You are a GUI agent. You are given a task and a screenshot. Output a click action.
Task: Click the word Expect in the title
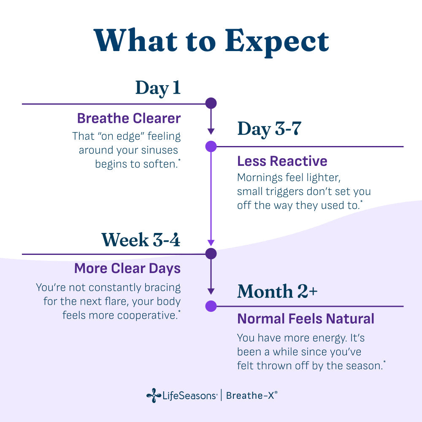click(277, 42)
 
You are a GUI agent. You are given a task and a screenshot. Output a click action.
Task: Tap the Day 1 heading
click(158, 88)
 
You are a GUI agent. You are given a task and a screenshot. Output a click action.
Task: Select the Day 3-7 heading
click(269, 129)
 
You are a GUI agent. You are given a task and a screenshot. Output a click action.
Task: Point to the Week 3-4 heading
click(141, 240)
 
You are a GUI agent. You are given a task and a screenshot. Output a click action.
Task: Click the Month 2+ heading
click(278, 291)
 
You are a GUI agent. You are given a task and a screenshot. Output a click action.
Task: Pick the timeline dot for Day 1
click(211, 103)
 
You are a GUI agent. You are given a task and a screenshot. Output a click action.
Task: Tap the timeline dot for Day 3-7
click(211, 146)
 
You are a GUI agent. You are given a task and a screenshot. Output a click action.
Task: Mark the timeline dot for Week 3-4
click(211, 254)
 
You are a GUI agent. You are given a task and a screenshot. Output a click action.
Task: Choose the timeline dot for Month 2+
click(211, 306)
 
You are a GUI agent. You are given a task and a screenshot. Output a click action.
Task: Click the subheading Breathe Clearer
click(129, 118)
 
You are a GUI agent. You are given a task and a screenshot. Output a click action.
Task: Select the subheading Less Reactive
click(282, 161)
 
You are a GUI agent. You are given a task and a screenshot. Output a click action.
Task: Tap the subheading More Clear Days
click(127, 268)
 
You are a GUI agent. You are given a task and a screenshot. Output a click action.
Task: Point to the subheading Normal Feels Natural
click(306, 319)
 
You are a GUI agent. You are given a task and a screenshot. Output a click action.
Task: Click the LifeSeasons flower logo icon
click(154, 395)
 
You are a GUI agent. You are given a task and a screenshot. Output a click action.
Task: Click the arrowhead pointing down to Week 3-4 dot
click(211, 243)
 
